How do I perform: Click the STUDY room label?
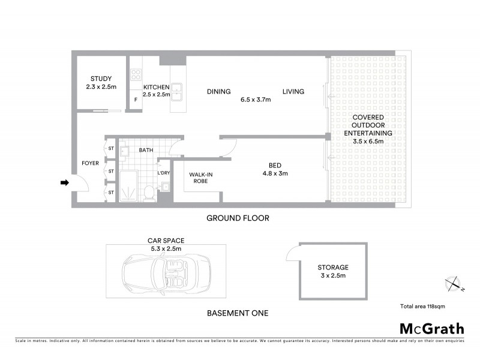click(x=100, y=79)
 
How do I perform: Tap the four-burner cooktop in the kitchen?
click(x=136, y=75)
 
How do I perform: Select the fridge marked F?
click(x=136, y=100)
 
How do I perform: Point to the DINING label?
click(x=218, y=92)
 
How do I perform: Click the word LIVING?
click(x=293, y=92)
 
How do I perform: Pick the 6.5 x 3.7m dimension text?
click(x=256, y=100)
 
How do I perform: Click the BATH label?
click(x=146, y=150)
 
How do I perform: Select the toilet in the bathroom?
click(x=148, y=193)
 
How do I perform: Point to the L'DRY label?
click(x=163, y=173)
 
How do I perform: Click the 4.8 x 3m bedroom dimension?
click(x=275, y=174)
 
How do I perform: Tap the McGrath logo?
click(x=431, y=328)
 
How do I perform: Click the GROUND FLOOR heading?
click(x=238, y=218)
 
